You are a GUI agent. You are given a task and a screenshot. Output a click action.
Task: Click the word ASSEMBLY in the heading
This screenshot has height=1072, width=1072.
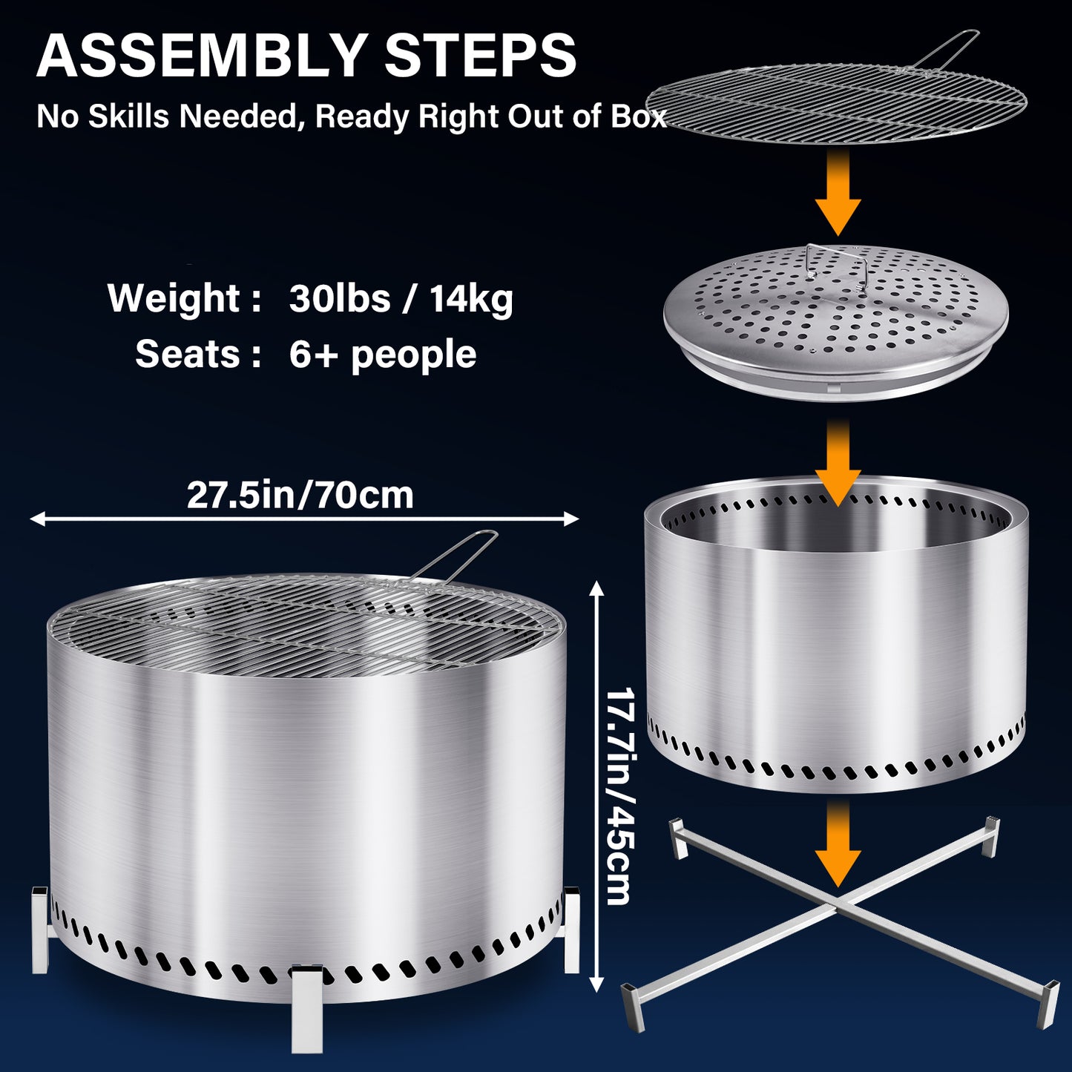pyautogui.click(x=202, y=56)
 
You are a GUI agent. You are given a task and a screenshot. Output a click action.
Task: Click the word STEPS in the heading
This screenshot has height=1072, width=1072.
pyautogui.click(x=481, y=56)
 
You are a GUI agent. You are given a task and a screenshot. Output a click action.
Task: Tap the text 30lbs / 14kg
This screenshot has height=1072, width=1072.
pyautogui.click(x=401, y=299)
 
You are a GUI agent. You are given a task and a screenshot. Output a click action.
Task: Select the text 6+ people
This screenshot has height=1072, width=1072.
pyautogui.click(x=383, y=355)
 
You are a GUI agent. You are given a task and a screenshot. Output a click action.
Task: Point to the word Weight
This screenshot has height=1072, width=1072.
pyautogui.click(x=173, y=299)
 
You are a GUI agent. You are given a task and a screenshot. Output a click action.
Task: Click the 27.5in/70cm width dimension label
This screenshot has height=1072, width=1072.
pyautogui.click(x=300, y=495)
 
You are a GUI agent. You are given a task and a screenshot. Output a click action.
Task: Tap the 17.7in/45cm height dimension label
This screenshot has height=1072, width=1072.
pyautogui.click(x=619, y=798)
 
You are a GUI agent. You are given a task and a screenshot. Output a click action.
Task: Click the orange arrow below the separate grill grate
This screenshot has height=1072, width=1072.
pyautogui.click(x=838, y=192)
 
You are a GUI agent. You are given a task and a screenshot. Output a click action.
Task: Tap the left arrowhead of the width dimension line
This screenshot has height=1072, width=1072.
pyautogui.click(x=38, y=519)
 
